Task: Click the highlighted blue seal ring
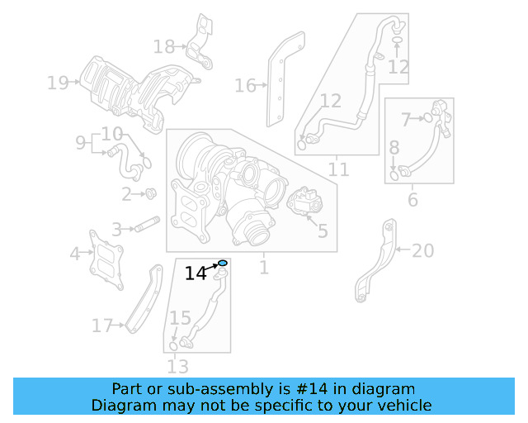click(222, 263)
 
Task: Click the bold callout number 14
click(196, 273)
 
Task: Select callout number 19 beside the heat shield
click(57, 83)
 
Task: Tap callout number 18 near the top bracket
click(163, 47)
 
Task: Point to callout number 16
click(245, 85)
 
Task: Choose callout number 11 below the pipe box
click(338, 170)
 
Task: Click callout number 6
click(412, 199)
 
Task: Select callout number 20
click(422, 250)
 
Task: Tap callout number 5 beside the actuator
click(322, 231)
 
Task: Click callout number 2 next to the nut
click(126, 195)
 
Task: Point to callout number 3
click(117, 229)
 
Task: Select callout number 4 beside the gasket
click(75, 254)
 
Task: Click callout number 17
click(101, 326)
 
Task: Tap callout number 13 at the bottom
click(177, 366)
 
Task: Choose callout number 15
click(180, 318)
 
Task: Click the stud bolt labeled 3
click(147, 223)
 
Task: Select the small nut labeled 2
click(151, 194)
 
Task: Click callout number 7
click(406, 120)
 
